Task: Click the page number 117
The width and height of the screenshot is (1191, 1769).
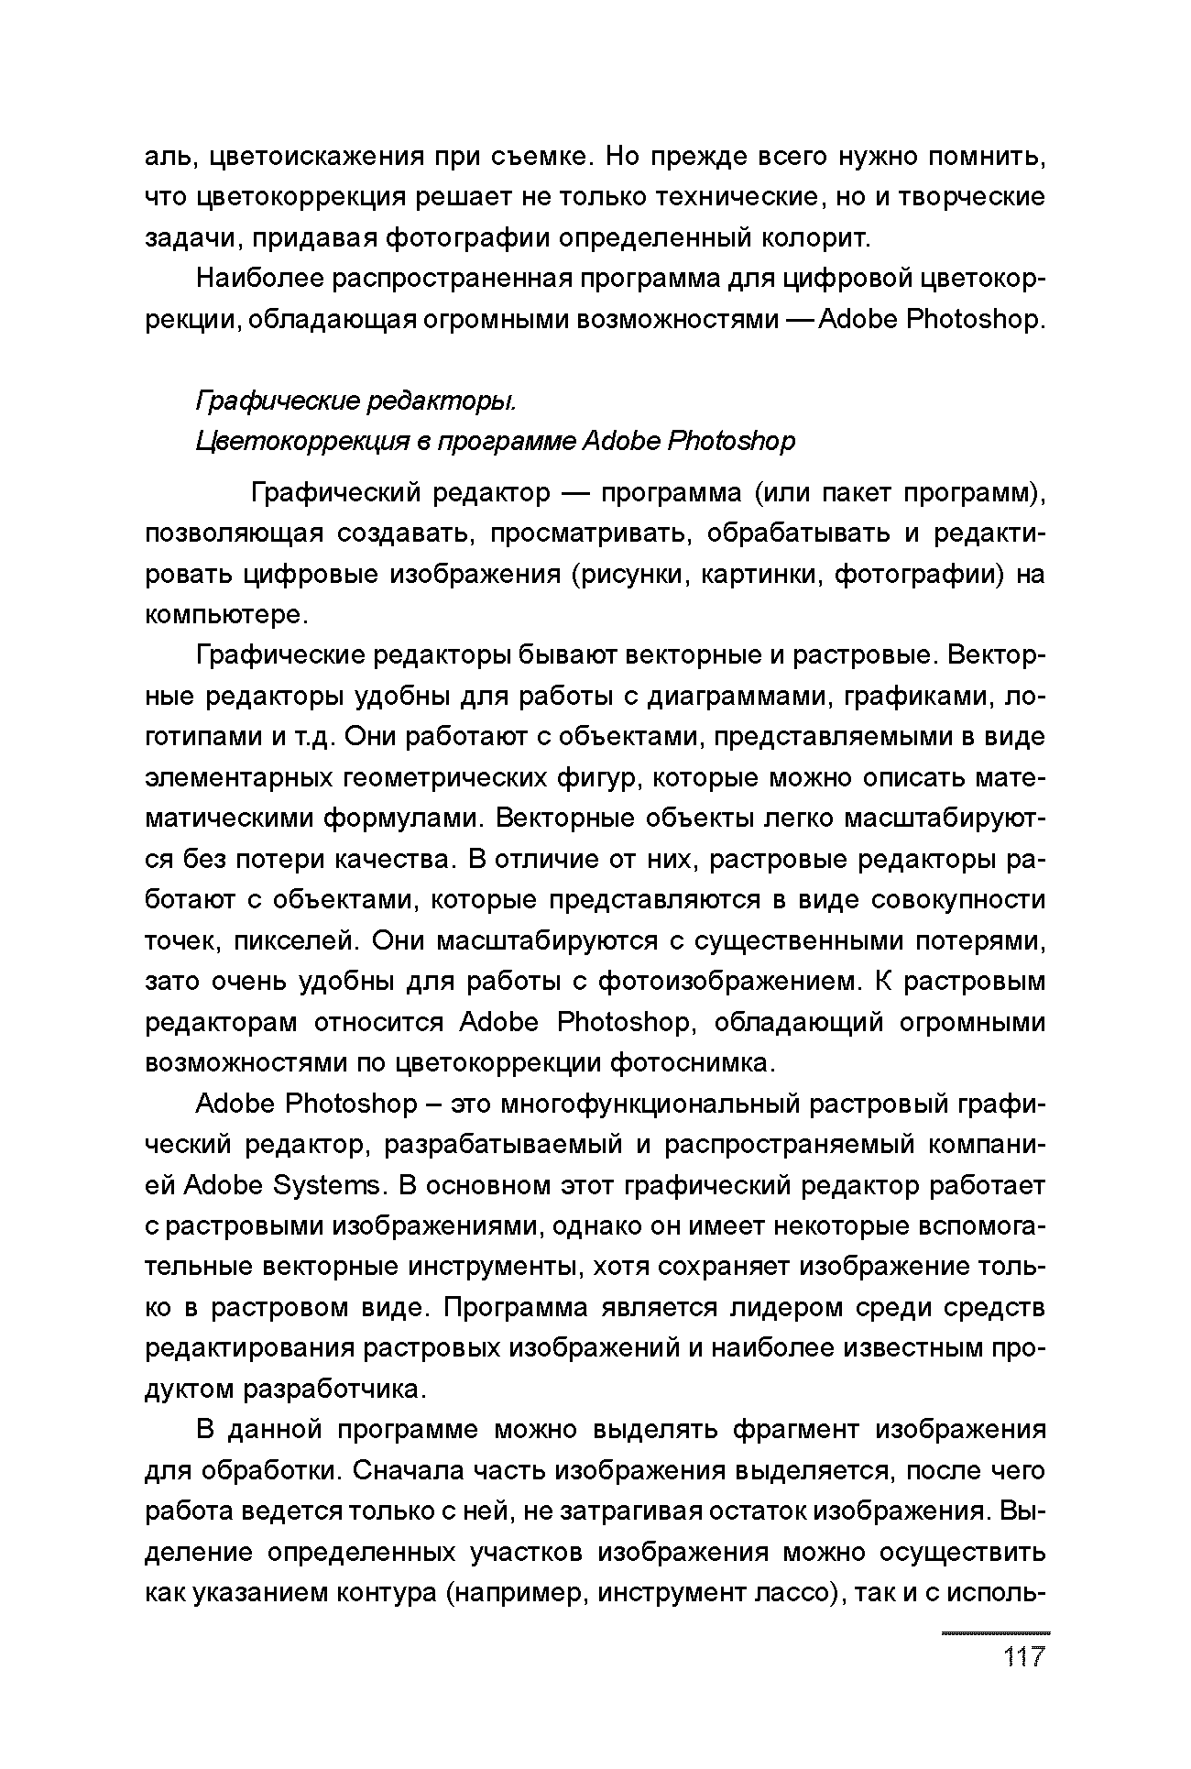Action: [x=1023, y=1657]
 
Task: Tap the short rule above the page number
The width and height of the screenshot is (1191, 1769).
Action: [x=996, y=1633]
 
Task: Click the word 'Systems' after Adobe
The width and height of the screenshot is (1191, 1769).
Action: [x=326, y=1186]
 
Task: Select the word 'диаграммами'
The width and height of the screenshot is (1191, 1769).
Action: [x=738, y=697]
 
